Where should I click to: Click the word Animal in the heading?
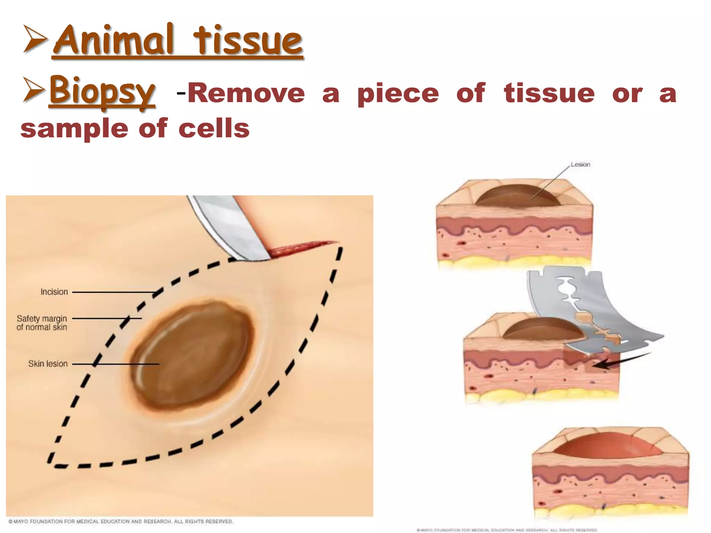point(113,41)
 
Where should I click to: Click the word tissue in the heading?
point(248,41)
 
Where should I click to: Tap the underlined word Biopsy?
point(102,91)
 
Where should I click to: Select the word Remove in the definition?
point(246,93)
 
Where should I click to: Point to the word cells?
point(214,128)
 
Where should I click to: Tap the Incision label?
point(54,292)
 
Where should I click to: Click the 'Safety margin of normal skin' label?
point(42,323)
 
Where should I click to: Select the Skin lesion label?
point(48,364)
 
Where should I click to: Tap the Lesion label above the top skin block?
point(580,164)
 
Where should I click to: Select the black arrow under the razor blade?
point(618,361)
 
